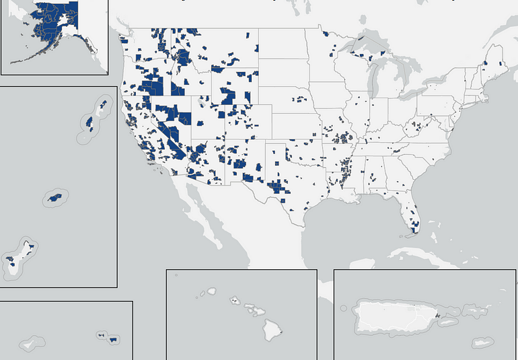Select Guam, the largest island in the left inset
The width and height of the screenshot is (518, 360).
click(12, 260)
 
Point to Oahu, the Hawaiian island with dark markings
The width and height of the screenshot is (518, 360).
click(234, 300)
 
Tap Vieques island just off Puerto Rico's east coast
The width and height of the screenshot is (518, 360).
click(449, 322)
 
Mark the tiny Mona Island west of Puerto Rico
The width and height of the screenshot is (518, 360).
click(344, 309)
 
